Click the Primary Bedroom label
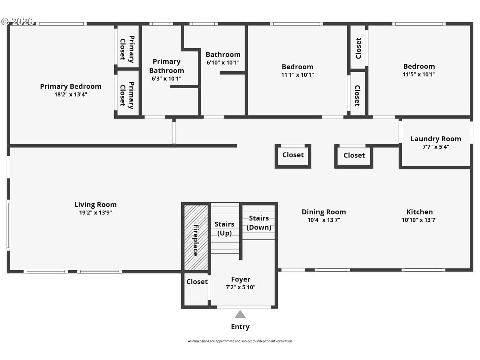(70, 86)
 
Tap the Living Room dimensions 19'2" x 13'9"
(95, 212)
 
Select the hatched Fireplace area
(196, 237)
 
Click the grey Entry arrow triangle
(240, 314)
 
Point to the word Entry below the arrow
(240, 327)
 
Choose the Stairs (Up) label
(224, 229)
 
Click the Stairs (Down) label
(259, 223)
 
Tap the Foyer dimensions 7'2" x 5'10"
(240, 287)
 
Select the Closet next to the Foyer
(197, 282)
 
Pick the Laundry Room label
(436, 139)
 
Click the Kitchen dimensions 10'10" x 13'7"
(419, 220)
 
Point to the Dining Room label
(324, 212)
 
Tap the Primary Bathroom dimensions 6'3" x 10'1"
(166, 79)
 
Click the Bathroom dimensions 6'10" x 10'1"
(223, 63)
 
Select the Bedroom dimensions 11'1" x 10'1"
(297, 75)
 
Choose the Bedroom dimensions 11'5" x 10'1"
(419, 74)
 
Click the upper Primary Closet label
(127, 49)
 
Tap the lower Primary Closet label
(127, 95)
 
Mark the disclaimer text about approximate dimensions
(240, 341)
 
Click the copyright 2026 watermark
(17, 21)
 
